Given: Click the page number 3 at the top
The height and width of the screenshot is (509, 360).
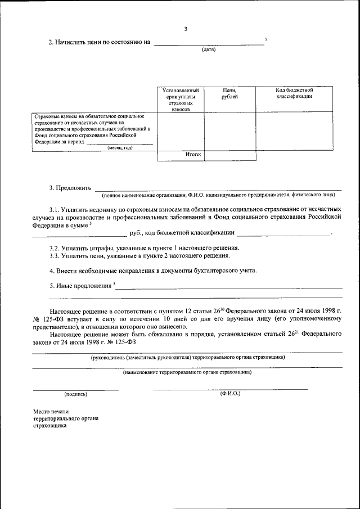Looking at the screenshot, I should tap(186, 29).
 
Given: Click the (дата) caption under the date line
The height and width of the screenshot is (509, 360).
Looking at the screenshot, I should tap(209, 50).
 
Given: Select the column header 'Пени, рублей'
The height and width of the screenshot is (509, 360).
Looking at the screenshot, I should tap(229, 93).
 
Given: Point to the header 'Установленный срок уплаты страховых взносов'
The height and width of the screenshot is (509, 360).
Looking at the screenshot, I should tap(180, 100).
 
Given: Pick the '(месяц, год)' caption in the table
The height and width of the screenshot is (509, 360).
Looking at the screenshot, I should tap(120, 147).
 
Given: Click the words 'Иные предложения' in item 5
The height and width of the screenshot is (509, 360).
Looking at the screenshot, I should tap(84, 286).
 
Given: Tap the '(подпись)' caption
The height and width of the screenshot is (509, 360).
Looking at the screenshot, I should tap(76, 394).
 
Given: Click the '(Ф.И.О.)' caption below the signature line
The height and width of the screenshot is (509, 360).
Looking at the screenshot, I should tap(230, 393).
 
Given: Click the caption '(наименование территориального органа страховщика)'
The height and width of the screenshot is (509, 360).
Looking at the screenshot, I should tap(187, 372).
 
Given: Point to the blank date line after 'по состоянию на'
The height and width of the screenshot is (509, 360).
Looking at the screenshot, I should tap(208, 43).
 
